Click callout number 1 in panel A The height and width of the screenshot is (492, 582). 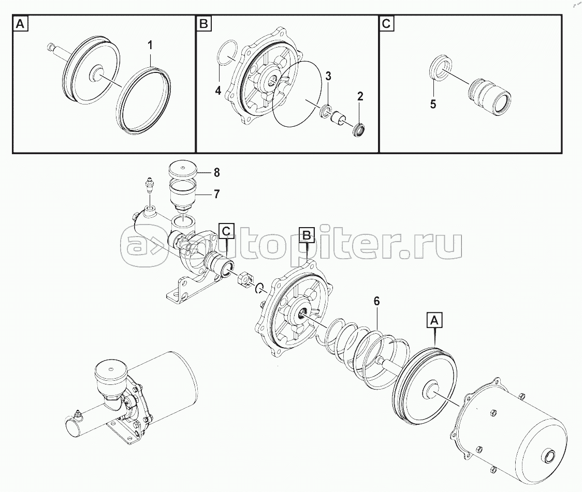click(x=150, y=46)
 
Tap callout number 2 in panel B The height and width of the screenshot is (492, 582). click(x=360, y=96)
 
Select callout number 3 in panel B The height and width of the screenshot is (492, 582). click(x=328, y=77)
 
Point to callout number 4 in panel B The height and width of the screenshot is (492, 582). click(x=219, y=90)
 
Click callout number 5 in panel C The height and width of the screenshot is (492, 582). click(x=433, y=104)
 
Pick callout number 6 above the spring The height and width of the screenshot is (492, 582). click(x=376, y=301)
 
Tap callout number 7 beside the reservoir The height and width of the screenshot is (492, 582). click(x=217, y=194)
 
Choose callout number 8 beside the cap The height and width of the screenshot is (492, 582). click(x=217, y=172)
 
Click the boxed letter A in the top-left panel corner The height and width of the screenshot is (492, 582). click(x=21, y=24)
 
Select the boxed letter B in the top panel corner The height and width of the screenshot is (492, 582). click(x=204, y=24)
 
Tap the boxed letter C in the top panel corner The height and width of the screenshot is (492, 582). click(x=386, y=24)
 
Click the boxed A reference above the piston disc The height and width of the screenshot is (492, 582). click(x=434, y=321)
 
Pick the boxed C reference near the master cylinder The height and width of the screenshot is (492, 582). click(x=226, y=231)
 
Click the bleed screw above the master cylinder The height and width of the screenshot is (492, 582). click(x=150, y=185)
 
